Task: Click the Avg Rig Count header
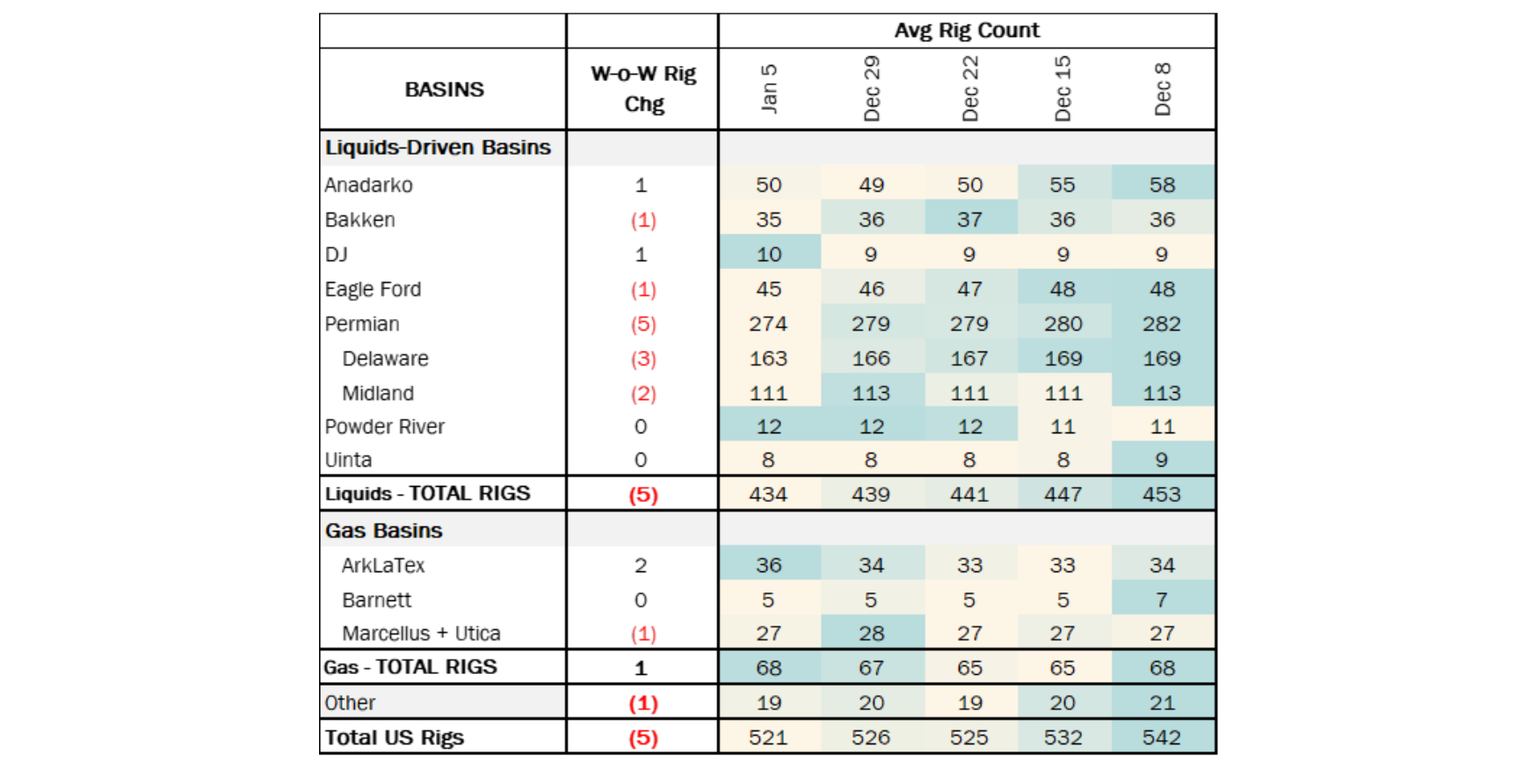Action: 967,31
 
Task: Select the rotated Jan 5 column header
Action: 769,89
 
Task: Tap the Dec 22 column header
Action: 969,89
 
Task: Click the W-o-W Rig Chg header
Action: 643,89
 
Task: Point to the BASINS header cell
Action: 444,90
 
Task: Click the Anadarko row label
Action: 369,185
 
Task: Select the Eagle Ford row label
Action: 374,289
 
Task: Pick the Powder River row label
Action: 385,427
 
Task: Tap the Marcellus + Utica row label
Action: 421,634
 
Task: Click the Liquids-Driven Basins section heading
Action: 438,148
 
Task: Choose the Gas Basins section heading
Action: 384,531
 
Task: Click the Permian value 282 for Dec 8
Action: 1161,324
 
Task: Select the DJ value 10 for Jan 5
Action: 769,255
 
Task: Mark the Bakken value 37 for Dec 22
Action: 969,220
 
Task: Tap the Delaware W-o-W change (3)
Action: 643,359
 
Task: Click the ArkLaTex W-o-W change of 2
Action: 641,566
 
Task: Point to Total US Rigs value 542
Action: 1161,738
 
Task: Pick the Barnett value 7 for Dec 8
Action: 1161,600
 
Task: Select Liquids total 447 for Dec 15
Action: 1063,495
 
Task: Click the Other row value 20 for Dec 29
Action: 871,703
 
